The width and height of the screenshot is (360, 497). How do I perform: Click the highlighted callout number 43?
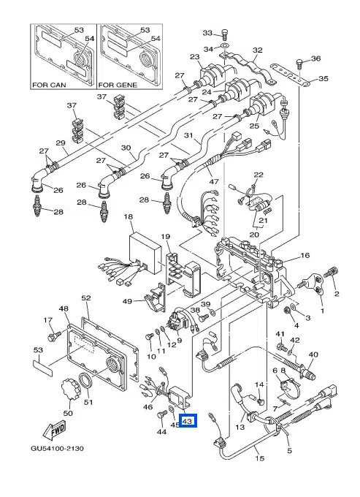pos(187,421)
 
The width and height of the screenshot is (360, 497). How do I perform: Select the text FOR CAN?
pos(49,85)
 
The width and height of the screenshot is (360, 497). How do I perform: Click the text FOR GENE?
pos(118,85)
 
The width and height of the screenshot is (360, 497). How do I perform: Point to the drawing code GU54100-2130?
pos(57,449)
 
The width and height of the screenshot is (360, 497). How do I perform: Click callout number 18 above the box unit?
pos(129,217)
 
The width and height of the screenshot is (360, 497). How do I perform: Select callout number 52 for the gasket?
pos(86,298)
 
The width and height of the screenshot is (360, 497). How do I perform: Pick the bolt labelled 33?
pos(224,35)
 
